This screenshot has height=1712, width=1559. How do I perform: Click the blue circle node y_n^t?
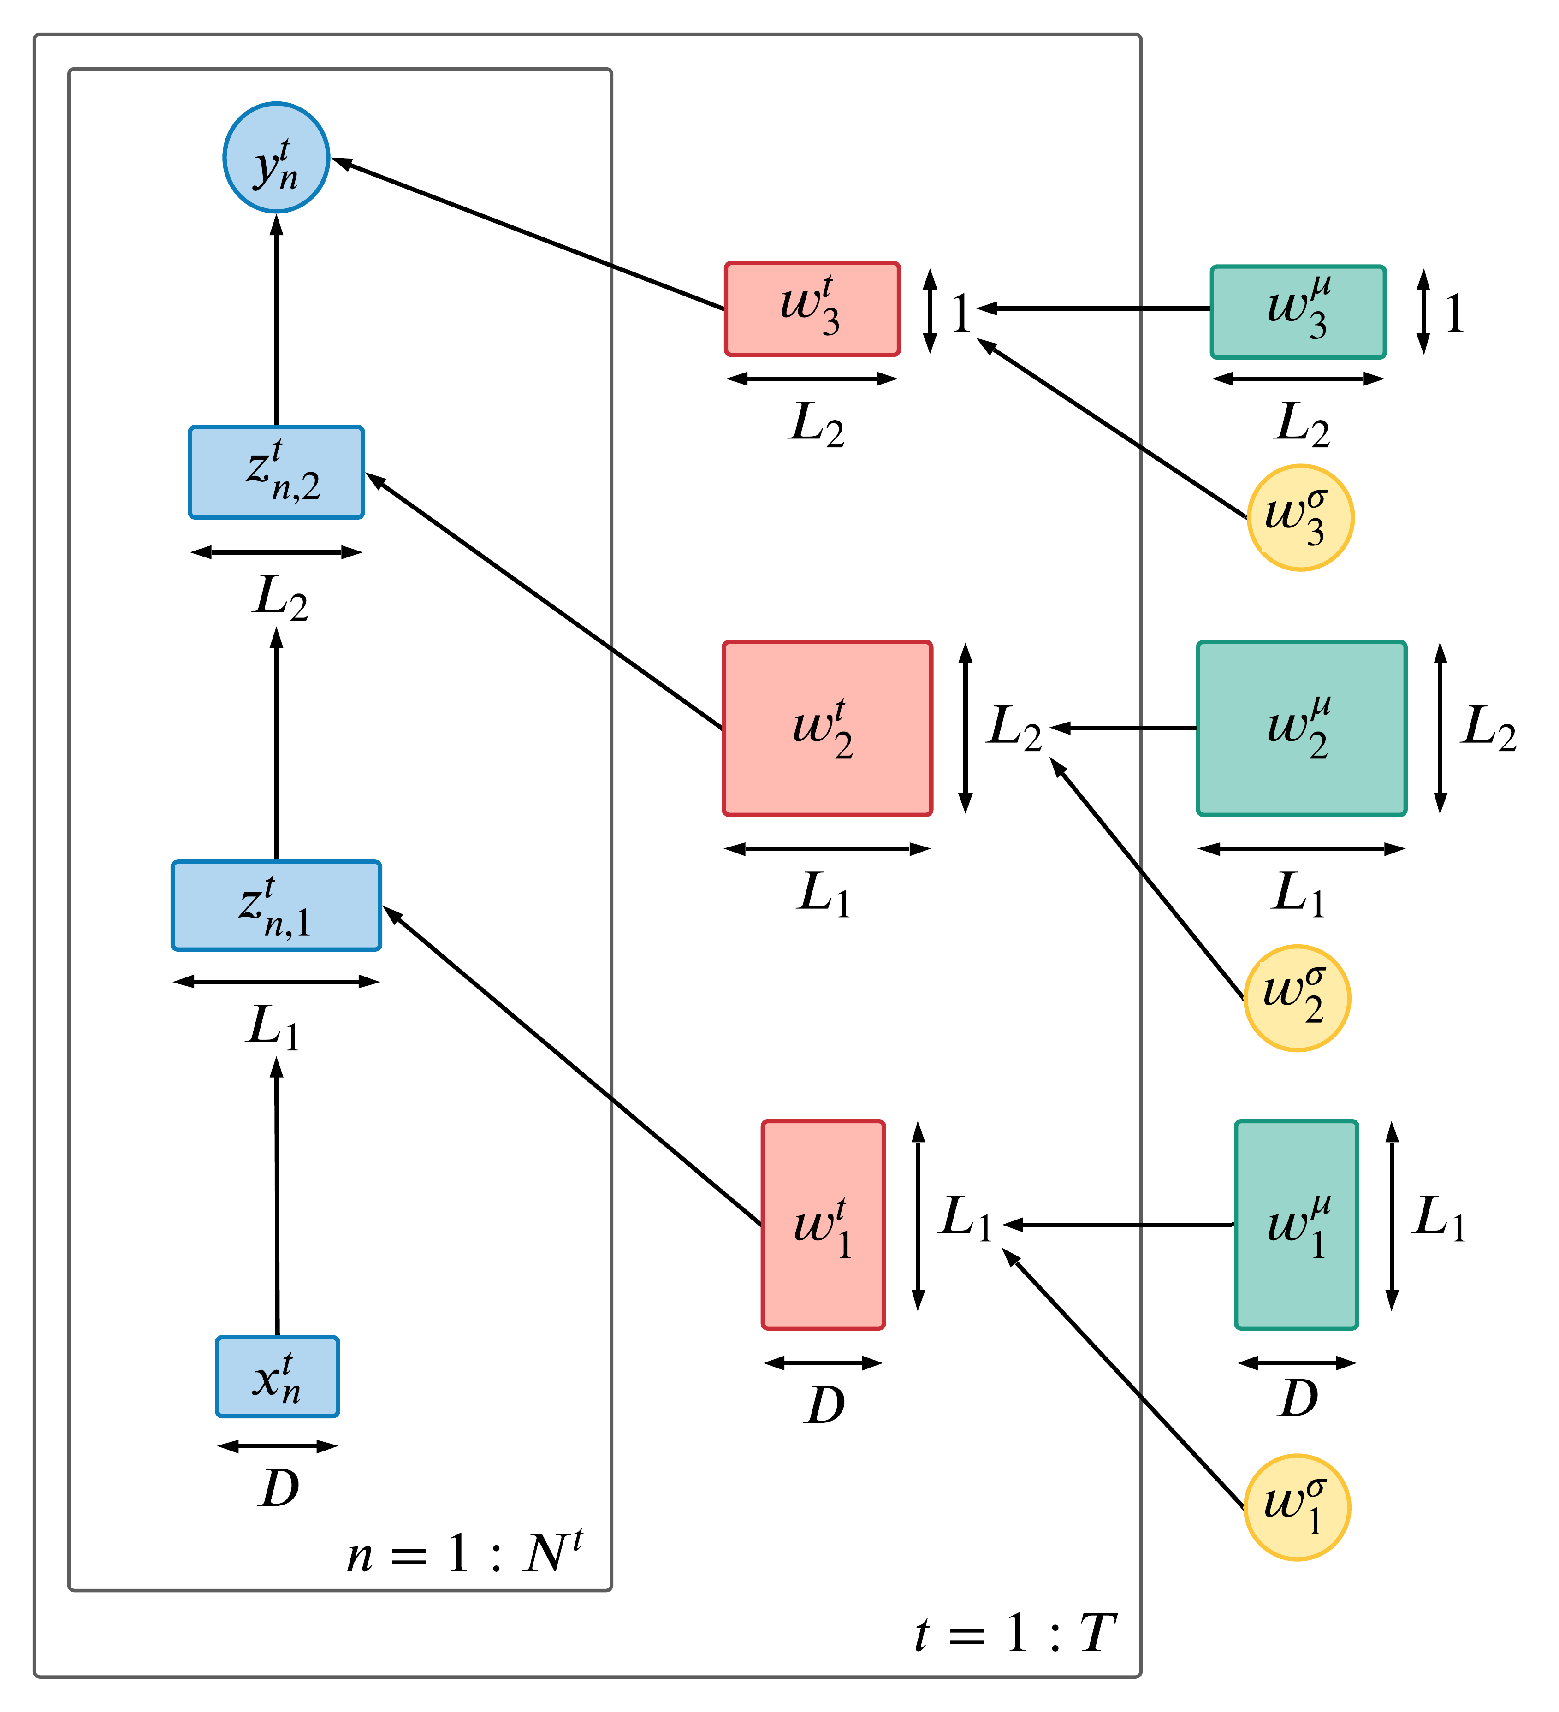point(276,158)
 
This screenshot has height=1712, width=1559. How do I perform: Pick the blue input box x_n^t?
point(278,1377)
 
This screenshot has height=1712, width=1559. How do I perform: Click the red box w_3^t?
point(812,309)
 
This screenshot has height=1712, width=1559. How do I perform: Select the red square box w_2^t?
point(827,729)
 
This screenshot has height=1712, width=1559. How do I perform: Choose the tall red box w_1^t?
point(823,1225)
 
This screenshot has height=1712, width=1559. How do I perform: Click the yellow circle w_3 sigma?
point(1300,518)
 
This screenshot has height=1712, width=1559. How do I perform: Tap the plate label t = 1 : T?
point(1015,1634)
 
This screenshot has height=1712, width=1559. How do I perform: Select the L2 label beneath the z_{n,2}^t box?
point(280,598)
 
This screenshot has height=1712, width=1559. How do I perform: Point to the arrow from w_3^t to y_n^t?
point(527,233)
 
